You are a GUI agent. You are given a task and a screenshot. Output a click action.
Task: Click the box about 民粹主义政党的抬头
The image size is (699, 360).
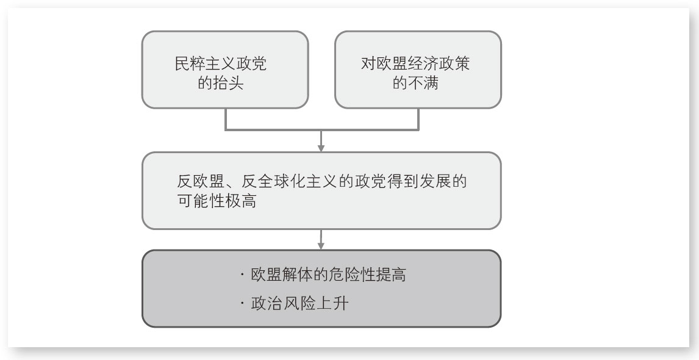[x=225, y=70]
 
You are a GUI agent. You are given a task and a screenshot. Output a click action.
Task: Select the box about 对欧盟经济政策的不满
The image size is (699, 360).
[x=418, y=70]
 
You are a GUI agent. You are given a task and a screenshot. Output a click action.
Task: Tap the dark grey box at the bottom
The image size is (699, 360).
[x=321, y=289]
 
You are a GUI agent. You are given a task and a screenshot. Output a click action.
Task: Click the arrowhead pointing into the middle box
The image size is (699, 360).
[x=321, y=148]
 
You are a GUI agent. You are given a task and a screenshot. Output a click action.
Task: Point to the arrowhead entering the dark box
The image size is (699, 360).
[x=321, y=245]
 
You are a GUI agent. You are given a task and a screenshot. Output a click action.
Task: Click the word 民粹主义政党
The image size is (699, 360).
[x=221, y=64]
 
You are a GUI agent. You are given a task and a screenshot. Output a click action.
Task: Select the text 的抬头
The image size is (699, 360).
[x=221, y=84]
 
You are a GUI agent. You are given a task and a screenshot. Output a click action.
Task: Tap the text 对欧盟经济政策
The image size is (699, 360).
[x=415, y=64]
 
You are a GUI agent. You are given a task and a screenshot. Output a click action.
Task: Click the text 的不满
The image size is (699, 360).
[x=415, y=84]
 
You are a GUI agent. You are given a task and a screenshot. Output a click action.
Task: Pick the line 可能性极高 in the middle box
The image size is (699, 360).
[x=217, y=201]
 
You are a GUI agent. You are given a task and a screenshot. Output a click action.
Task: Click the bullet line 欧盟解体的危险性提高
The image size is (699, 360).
[x=329, y=275]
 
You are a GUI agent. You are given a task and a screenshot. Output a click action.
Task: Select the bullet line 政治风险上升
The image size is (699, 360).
[x=299, y=303]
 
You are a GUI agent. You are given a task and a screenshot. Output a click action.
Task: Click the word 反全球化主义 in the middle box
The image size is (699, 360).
[x=289, y=182]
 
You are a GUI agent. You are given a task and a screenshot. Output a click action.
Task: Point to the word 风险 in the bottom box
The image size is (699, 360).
[x=299, y=303]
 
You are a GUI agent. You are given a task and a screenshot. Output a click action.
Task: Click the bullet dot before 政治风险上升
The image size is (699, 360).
[x=242, y=304]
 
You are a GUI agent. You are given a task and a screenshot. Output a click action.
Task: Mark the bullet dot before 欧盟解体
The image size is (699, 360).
[x=242, y=275]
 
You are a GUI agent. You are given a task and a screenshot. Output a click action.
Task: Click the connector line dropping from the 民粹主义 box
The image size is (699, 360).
[x=226, y=119]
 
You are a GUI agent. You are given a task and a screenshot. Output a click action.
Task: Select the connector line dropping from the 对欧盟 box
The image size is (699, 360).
[x=418, y=119]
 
